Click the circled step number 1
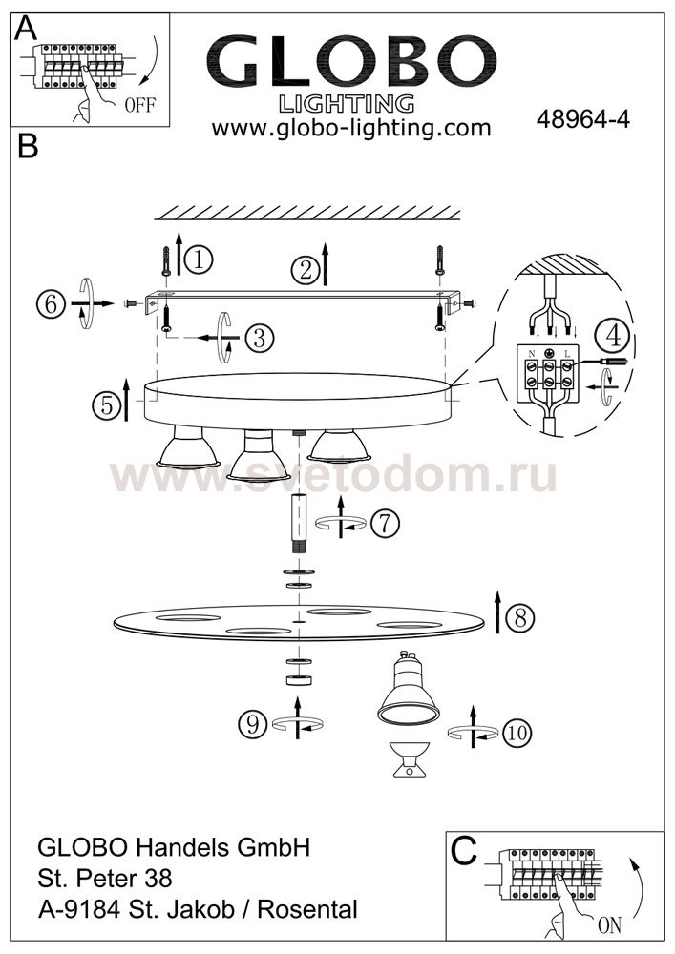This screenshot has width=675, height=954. (199, 259)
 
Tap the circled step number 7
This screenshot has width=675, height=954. (385, 523)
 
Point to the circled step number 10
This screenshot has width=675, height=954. (517, 733)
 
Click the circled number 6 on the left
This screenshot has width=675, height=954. (51, 303)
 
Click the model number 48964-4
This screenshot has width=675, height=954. (582, 119)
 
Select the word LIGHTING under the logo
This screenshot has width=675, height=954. (347, 104)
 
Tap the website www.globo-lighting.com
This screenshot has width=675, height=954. (351, 128)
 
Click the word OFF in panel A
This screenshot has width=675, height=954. (140, 105)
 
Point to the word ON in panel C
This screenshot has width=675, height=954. (609, 925)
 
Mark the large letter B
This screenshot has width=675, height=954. (28, 146)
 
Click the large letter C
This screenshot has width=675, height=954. (464, 851)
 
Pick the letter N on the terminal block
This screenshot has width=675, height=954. (532, 354)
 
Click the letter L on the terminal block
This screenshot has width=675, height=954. (567, 354)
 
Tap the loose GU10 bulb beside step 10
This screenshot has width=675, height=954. (409, 688)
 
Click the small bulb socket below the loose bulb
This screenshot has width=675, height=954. (410, 759)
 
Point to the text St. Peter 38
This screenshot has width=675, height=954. (105, 878)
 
